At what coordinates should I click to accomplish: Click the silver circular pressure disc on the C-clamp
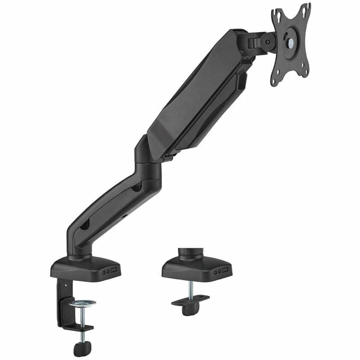click(82, 303)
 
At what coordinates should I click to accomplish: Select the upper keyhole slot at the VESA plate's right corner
click(306, 7)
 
